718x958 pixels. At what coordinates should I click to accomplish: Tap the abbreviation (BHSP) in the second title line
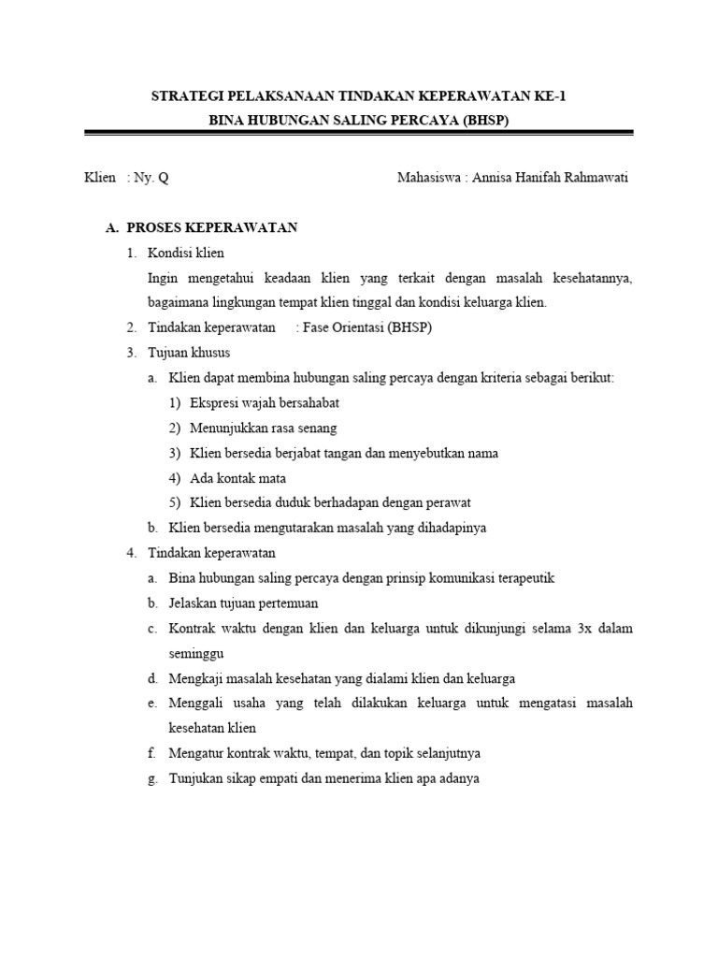tap(481, 122)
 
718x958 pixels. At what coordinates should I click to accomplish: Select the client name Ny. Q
tap(152, 178)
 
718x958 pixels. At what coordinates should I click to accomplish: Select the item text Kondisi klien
tap(186, 253)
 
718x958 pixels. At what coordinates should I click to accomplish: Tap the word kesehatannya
tap(589, 278)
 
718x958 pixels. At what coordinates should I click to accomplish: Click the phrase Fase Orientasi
tap(343, 327)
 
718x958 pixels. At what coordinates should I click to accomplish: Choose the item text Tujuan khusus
tap(189, 353)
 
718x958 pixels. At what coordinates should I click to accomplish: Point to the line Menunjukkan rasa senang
tap(263, 428)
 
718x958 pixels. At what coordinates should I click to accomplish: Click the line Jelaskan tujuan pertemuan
tap(243, 602)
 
